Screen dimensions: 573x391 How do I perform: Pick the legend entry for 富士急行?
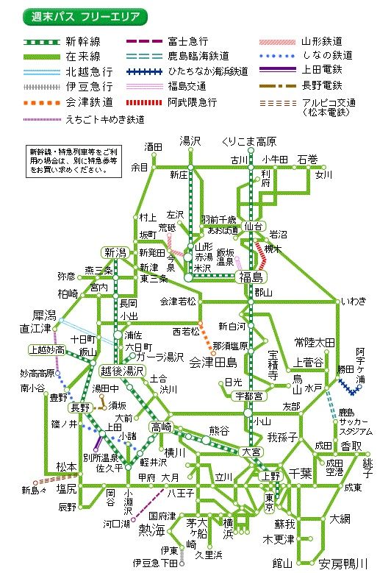pyautogui.click(x=188, y=41)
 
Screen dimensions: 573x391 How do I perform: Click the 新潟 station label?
pyautogui.click(x=116, y=251)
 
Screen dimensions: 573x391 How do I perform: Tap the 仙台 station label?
pyautogui.click(x=254, y=225)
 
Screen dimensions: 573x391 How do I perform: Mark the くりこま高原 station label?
pyautogui.click(x=248, y=141)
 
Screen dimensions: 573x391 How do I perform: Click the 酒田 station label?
pyautogui.click(x=153, y=146)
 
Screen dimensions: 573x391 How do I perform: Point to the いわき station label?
pyautogui.click(x=349, y=300)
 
